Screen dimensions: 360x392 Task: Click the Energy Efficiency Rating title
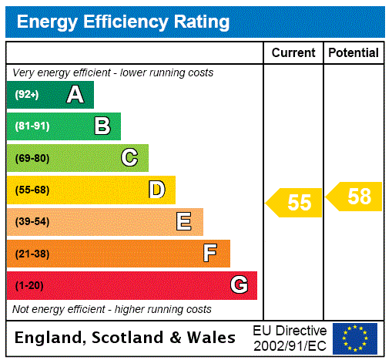[123, 22]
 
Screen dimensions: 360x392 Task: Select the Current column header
[293, 52]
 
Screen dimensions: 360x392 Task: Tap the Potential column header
[353, 52]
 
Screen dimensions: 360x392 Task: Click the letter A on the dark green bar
[75, 95]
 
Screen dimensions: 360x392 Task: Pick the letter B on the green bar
[102, 126]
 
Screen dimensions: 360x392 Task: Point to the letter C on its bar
[129, 158]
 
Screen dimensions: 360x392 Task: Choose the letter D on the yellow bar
[156, 190]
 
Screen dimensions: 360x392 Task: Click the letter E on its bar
[184, 222]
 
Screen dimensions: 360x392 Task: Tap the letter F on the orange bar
[210, 253]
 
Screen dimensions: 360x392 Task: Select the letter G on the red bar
[239, 285]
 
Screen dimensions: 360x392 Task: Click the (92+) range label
[26, 95]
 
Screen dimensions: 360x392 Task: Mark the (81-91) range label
[31, 126]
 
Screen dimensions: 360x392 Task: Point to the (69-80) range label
[32, 158]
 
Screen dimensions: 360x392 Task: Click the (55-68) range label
[32, 190]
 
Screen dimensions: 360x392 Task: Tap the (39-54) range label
[32, 222]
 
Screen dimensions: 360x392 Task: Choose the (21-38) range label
[32, 253]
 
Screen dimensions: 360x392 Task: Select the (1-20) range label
[29, 285]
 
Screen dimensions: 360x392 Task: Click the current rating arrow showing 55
[295, 203]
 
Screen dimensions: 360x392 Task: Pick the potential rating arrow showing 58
[355, 197]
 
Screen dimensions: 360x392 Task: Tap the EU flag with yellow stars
[355, 338]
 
